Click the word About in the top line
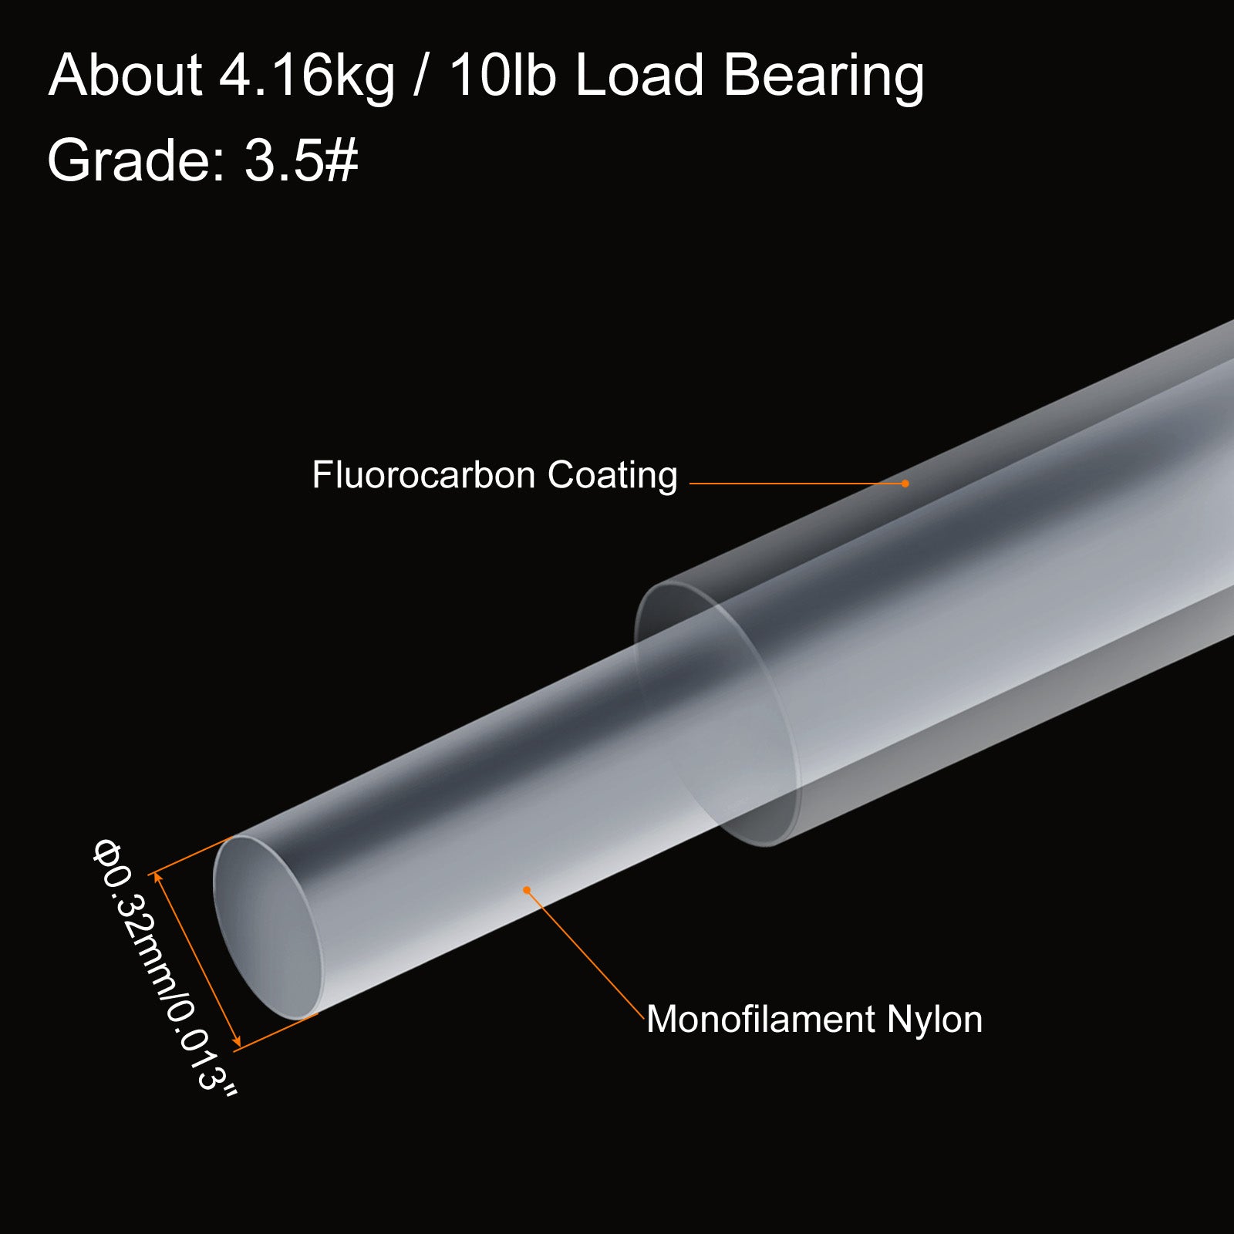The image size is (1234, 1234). coord(125,76)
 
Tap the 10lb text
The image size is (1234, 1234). coord(502,76)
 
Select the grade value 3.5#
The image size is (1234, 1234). coord(302,160)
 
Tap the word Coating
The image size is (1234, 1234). coord(612,476)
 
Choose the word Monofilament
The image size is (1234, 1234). coord(760,1019)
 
